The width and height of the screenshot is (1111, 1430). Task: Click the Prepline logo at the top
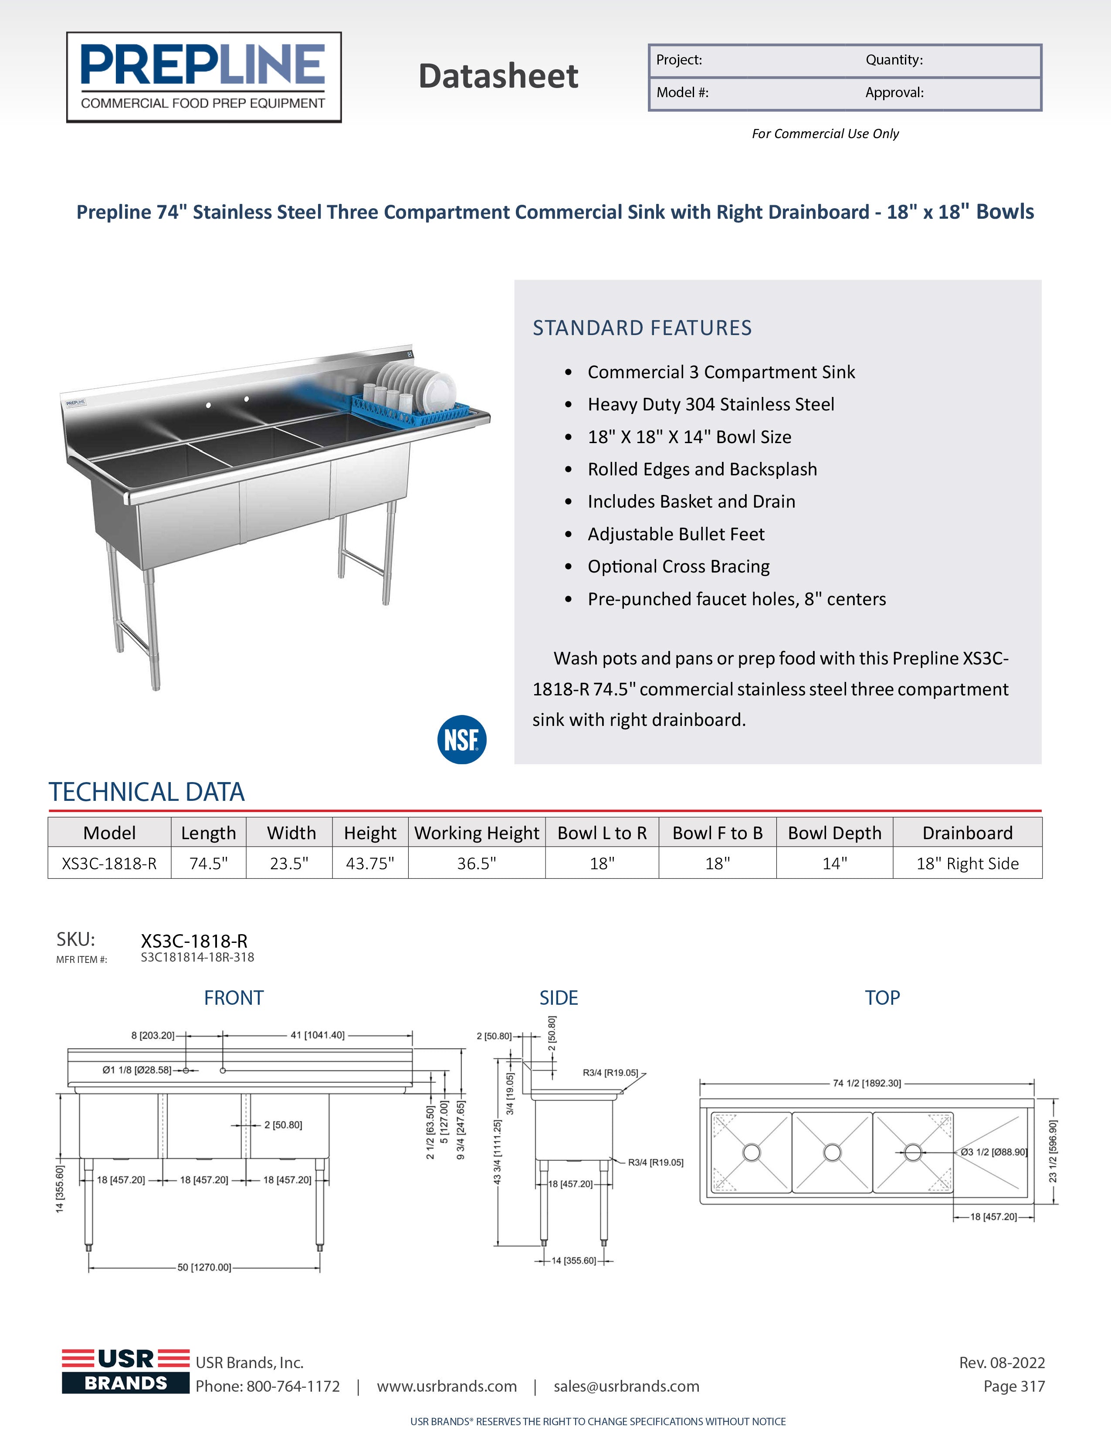(203, 77)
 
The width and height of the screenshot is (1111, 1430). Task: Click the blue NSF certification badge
(461, 739)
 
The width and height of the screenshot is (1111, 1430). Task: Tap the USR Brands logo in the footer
(126, 1371)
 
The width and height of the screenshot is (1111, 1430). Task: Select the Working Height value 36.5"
(477, 863)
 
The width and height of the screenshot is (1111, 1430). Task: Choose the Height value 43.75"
(370, 863)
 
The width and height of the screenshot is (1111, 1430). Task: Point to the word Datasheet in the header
(498, 76)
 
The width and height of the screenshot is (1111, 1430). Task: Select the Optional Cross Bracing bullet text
(678, 566)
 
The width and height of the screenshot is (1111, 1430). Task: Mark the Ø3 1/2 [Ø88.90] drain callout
(993, 1152)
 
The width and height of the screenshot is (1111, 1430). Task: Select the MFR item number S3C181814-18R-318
(197, 957)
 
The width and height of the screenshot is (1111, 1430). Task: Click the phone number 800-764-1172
(293, 1386)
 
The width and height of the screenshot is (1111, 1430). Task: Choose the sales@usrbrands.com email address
(626, 1386)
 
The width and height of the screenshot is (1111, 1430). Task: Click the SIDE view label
(559, 998)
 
